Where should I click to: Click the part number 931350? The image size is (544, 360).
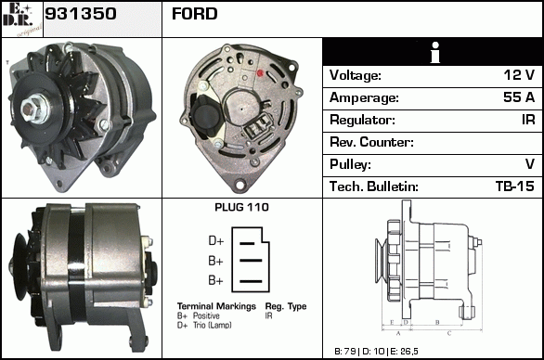click(81, 14)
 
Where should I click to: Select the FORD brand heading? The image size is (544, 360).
click(195, 14)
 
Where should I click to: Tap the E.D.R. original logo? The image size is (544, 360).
click(22, 19)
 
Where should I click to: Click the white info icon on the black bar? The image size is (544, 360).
click(434, 52)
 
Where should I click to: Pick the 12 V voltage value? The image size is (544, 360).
click(519, 75)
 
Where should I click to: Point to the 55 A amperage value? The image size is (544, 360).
click(519, 97)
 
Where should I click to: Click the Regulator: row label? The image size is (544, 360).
click(362, 120)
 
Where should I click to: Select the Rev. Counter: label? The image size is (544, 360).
click(371, 142)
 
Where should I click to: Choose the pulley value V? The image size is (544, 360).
click(530, 164)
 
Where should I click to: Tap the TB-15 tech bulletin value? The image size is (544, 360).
click(515, 186)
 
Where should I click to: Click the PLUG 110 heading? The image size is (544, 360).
click(241, 207)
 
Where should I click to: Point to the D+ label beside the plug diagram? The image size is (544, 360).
click(216, 240)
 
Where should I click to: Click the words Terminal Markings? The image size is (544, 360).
click(216, 306)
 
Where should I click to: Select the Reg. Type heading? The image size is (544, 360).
click(286, 306)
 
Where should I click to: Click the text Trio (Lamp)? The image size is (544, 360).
click(213, 326)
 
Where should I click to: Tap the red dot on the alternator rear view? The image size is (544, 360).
click(260, 73)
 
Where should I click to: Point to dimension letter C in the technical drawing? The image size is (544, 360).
click(449, 334)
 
